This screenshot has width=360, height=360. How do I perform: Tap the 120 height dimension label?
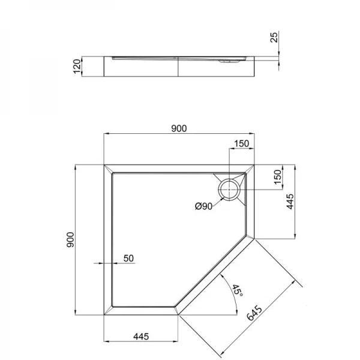click(x=77, y=65)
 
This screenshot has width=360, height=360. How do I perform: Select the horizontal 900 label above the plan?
click(x=179, y=128)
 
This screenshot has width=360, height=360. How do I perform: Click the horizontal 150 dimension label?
click(x=241, y=143)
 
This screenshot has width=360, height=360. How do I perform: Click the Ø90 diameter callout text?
click(x=204, y=206)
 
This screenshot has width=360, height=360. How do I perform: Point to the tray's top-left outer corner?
click(x=105, y=163)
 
